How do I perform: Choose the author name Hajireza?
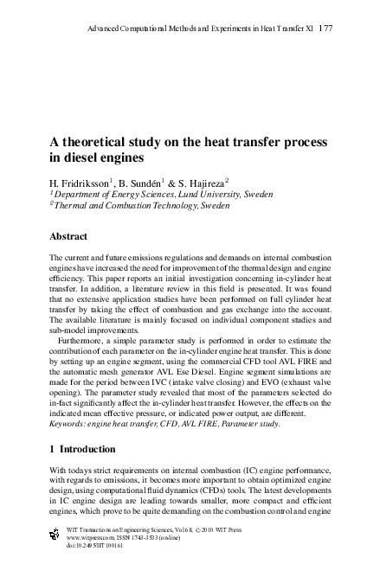tap(204, 183)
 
